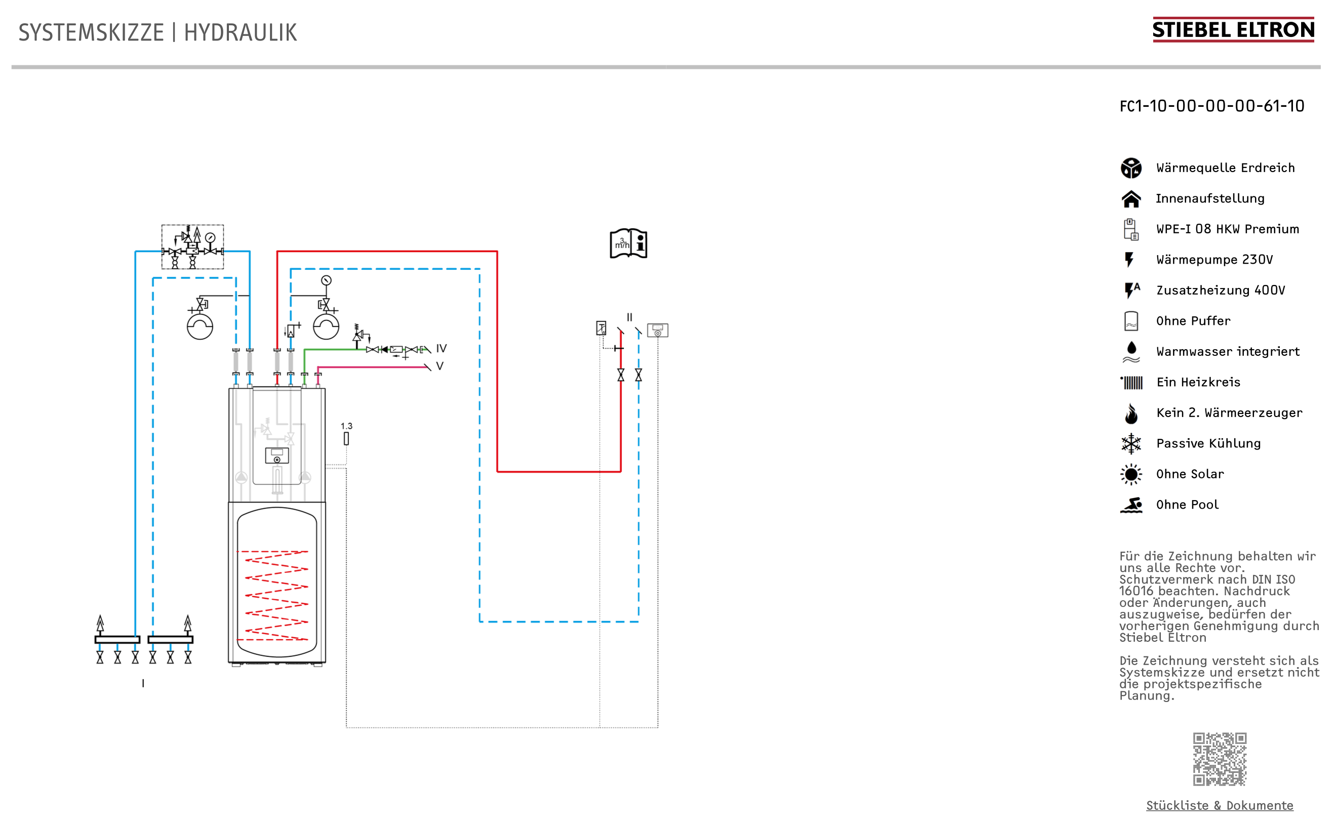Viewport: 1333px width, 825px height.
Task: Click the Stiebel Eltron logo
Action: pyautogui.click(x=1233, y=29)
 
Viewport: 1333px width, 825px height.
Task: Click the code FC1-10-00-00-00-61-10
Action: pyautogui.click(x=1211, y=106)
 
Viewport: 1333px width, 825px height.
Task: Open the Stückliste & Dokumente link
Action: pyautogui.click(x=1219, y=805)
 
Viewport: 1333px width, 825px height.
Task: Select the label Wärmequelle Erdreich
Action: pyautogui.click(x=1225, y=168)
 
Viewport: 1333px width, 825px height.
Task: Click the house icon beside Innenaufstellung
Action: pyautogui.click(x=1130, y=198)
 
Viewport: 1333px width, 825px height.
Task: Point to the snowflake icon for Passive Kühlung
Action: pyautogui.click(x=1130, y=443)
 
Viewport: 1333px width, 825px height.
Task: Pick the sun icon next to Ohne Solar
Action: pyautogui.click(x=1130, y=474)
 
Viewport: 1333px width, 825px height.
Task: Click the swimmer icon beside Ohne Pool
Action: pyautogui.click(x=1130, y=505)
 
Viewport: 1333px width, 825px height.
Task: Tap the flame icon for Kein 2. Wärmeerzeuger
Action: pyautogui.click(x=1130, y=414)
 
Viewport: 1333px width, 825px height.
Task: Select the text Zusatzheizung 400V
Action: pyautogui.click(x=1220, y=291)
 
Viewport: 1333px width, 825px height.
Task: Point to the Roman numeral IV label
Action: pyautogui.click(x=441, y=348)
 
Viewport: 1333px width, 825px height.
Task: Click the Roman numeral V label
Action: pyautogui.click(x=440, y=366)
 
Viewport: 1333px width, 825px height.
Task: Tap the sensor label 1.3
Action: pyautogui.click(x=346, y=426)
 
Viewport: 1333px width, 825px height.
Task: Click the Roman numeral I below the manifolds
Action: pyautogui.click(x=143, y=683)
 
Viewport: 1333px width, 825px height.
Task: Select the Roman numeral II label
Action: pyautogui.click(x=629, y=317)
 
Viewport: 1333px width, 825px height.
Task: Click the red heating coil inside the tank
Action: pyautogui.click(x=276, y=595)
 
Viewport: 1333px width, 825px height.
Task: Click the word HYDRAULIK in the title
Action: pyautogui.click(x=240, y=33)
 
